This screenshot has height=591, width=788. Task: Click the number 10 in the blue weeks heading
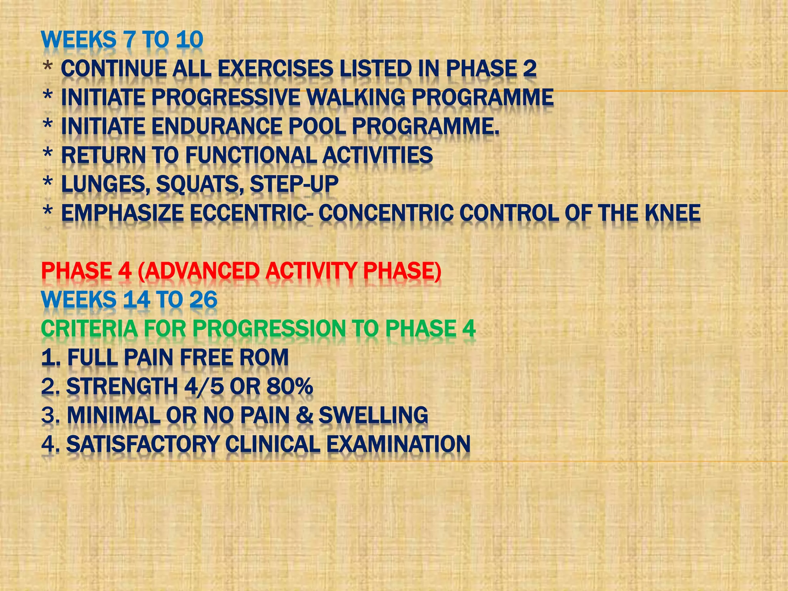189,40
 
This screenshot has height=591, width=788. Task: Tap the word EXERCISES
275,69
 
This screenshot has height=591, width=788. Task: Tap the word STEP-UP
294,184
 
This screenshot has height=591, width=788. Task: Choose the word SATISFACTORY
143,444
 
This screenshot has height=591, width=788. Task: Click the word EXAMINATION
398,444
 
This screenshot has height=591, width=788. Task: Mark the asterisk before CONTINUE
48,67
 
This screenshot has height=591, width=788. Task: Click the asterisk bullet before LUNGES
48,182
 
